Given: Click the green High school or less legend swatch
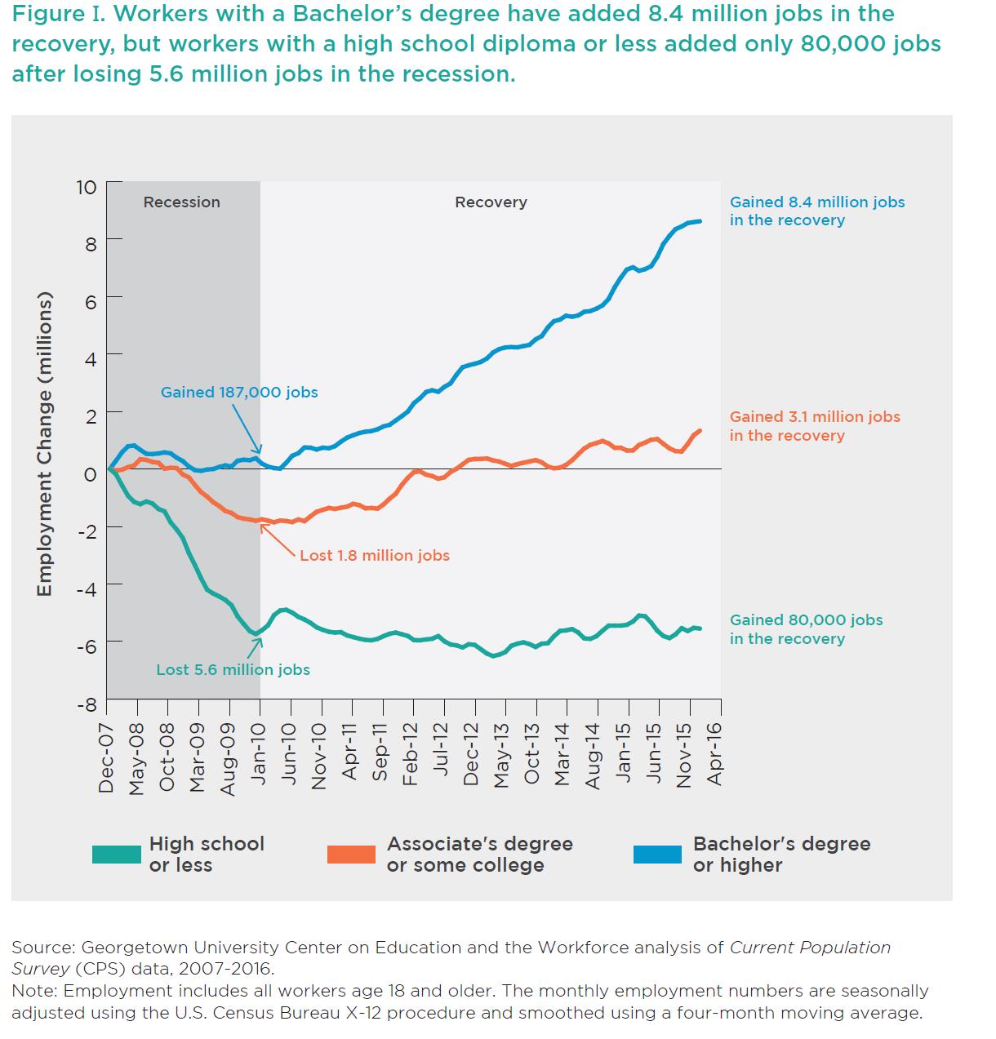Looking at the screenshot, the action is pos(117,855).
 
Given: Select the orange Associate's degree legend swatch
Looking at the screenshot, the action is pos(351,855).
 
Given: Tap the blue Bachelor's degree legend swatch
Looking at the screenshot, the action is pos(657,855).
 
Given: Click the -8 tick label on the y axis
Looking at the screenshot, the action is pos(87,704).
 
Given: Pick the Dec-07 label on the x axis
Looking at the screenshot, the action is pos(106,758).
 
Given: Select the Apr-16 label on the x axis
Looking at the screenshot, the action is pos(714,754).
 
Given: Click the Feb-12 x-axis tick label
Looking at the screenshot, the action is pos(410,754).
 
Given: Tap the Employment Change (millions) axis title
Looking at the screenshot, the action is pos(44,444).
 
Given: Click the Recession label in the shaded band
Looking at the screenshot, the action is pos(181,202).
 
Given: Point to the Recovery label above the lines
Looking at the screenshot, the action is pos(491,202).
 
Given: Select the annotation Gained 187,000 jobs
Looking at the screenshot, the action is pos(239,393).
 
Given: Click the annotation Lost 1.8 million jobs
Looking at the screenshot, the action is pos(375,555).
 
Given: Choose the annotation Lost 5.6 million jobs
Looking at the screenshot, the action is pos(233,669).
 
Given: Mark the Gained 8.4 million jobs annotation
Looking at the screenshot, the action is pos(817,211).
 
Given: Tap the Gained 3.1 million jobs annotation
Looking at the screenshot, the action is pos(815,426).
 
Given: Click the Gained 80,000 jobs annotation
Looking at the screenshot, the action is pos(806,629).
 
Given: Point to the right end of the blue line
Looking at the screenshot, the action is pos(700,221).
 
